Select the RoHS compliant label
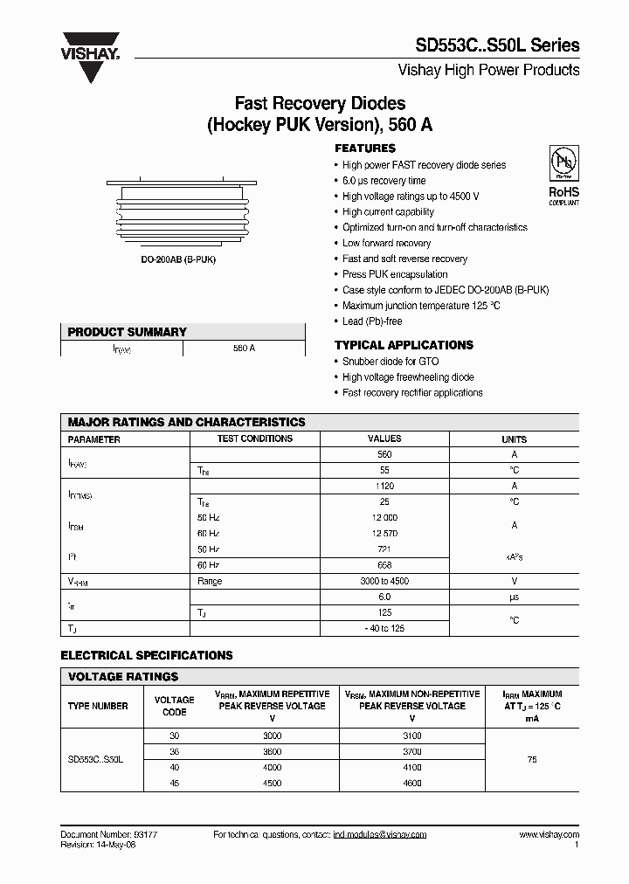563,195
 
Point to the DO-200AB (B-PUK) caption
181,261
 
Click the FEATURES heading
365,148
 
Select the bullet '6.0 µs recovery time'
384,181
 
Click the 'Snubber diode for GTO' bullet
391,362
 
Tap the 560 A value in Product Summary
244,348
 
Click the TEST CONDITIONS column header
255,439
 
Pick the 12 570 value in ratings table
384,534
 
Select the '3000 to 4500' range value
384,581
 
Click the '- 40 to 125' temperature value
384,628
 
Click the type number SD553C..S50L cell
95,760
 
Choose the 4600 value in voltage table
411,784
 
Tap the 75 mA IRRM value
532,760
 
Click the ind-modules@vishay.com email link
379,835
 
